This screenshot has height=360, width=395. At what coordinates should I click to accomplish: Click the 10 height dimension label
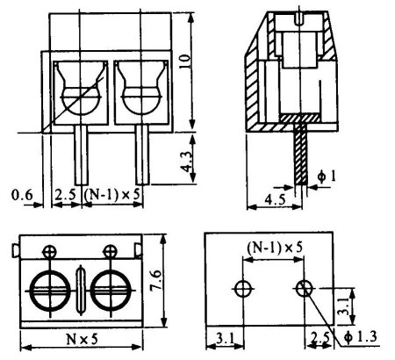(185, 61)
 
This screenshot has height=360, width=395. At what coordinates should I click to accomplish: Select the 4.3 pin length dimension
(187, 160)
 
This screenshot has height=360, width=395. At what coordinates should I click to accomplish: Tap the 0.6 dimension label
(22, 195)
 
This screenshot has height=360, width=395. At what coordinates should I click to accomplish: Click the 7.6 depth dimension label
(156, 280)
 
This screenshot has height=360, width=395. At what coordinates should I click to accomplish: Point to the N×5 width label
(82, 339)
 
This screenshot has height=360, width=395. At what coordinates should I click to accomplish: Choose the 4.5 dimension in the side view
(276, 199)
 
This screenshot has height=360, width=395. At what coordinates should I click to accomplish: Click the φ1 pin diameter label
(327, 176)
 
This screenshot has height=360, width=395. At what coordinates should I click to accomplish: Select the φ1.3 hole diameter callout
(361, 336)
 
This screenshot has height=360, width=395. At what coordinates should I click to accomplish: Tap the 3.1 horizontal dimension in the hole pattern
(226, 339)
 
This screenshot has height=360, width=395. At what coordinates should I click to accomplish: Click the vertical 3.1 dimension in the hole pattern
(342, 306)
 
